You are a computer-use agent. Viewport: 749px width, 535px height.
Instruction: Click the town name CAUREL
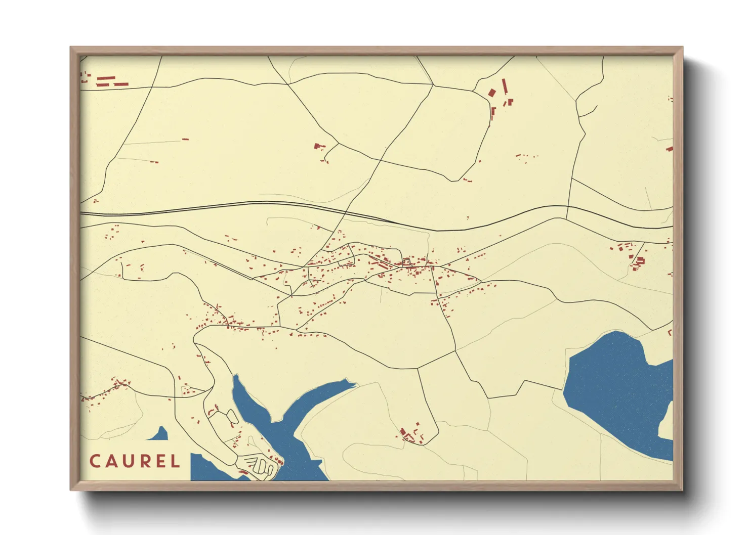click(135, 461)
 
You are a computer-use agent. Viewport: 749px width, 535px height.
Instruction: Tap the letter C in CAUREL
click(95, 461)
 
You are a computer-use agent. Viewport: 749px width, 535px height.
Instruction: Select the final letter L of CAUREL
click(175, 461)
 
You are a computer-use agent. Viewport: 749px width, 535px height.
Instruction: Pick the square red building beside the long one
click(492, 93)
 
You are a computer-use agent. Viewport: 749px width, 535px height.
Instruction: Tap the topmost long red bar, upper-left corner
click(106, 78)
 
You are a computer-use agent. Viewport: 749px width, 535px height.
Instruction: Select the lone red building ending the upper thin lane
click(185, 139)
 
